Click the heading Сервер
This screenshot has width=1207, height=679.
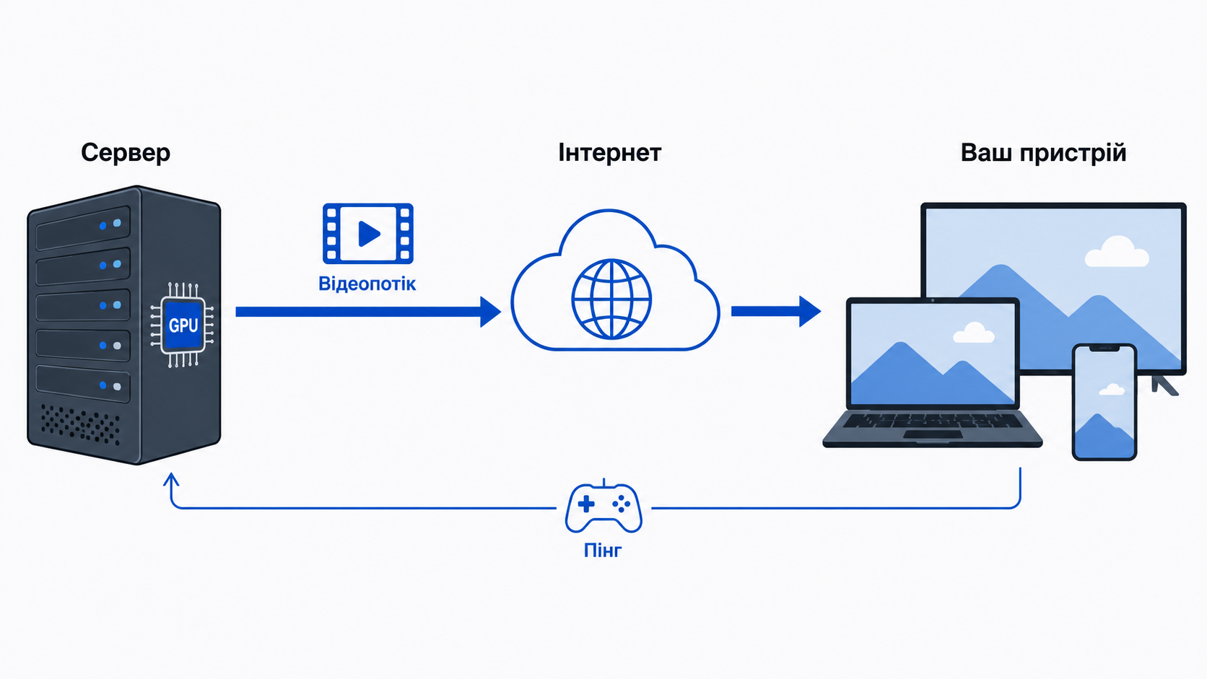[126, 153]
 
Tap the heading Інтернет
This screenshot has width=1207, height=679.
[609, 153]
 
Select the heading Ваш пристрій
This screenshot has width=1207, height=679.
[1043, 154]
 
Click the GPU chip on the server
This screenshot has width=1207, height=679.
[183, 325]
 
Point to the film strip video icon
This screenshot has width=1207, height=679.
[368, 233]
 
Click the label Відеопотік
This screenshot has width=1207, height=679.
[367, 284]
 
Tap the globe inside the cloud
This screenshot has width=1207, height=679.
[611, 299]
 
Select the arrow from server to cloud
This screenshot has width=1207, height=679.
[369, 312]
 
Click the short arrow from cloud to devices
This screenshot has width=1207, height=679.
[776, 311]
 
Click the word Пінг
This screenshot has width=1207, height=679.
[603, 551]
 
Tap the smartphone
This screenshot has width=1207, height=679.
[1104, 402]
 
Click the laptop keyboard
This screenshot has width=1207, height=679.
[932, 421]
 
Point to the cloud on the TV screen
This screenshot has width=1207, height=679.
[1117, 252]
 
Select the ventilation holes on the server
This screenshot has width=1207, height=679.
[81, 424]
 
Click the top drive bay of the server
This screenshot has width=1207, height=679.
[83, 227]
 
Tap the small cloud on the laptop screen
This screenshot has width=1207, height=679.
[974, 333]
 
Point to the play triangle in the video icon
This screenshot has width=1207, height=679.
[369, 234]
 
